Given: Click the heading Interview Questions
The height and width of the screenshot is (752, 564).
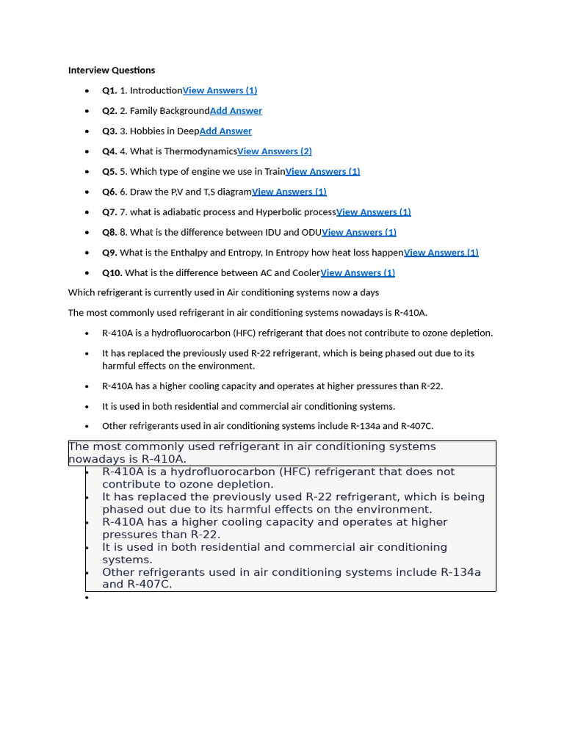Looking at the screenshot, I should (x=112, y=70).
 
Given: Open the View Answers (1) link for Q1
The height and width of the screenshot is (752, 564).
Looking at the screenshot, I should (x=220, y=90).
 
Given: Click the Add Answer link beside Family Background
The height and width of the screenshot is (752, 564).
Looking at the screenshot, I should (x=236, y=111).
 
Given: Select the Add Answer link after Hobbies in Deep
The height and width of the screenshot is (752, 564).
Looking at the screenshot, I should (x=225, y=131).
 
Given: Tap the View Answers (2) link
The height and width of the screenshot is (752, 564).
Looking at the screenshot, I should (x=275, y=151).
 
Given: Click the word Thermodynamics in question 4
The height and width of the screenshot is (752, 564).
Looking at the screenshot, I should (x=200, y=151).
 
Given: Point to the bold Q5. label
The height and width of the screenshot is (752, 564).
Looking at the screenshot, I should (x=109, y=171).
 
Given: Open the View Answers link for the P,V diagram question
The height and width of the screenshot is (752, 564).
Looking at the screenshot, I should (x=289, y=192).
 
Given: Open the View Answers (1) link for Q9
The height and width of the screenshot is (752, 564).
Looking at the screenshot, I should (x=441, y=252).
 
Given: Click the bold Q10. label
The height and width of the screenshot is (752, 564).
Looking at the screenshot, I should (x=112, y=272).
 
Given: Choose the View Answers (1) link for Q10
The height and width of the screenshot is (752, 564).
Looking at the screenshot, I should (x=358, y=272).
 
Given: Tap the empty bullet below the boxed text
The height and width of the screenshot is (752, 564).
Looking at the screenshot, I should (x=87, y=597).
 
